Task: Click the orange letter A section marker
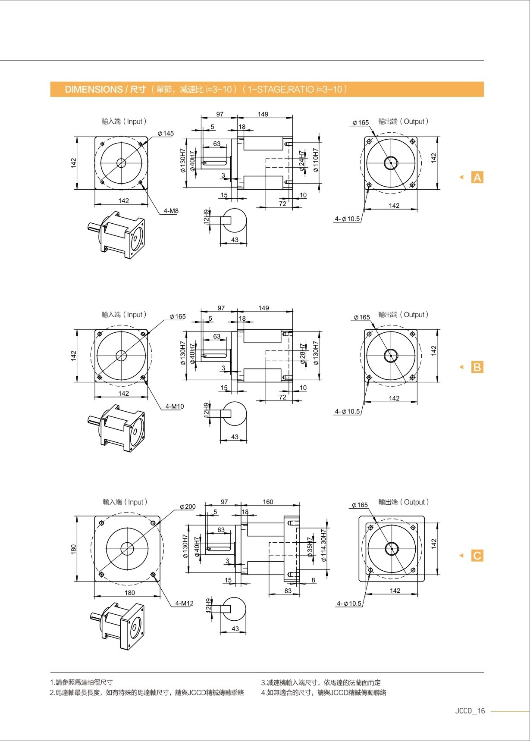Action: click(x=477, y=177)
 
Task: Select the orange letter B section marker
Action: click(x=477, y=367)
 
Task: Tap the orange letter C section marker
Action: click(x=477, y=556)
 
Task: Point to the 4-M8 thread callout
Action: click(x=171, y=211)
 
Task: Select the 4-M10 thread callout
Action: click(x=174, y=406)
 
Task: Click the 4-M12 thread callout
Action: click(x=184, y=603)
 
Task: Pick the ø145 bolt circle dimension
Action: click(x=166, y=134)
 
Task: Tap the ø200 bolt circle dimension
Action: click(x=188, y=507)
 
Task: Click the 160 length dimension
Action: click(x=268, y=502)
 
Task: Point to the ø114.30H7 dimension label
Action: click(x=324, y=545)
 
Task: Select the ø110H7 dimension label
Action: click(x=316, y=160)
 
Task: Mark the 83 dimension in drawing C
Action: click(x=288, y=591)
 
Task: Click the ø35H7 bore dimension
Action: click(x=310, y=547)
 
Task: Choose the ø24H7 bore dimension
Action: click(x=302, y=161)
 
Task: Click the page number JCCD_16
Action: click(x=470, y=711)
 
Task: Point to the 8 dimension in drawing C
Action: click(x=314, y=580)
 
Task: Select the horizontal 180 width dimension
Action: click(x=129, y=593)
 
